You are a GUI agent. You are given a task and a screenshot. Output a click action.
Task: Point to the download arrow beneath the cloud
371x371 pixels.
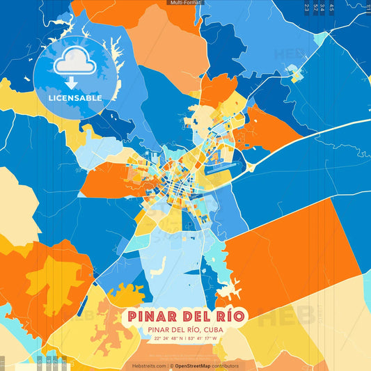pyautogui.click(x=71, y=82)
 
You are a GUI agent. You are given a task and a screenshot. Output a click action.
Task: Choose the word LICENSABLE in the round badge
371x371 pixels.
pyautogui.click(x=75, y=98)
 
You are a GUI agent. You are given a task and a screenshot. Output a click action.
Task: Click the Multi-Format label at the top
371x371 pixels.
pyautogui.click(x=185, y=3)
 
